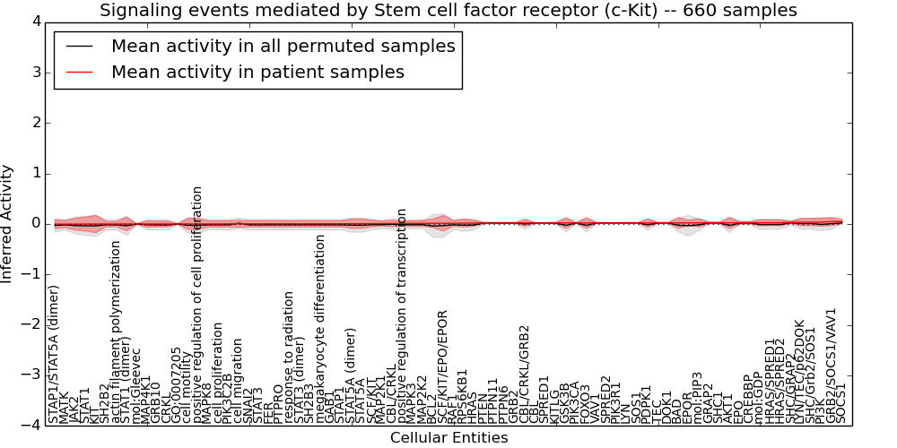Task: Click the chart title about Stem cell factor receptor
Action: (448, 11)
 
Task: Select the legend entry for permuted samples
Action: (283, 47)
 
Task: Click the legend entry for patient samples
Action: (257, 73)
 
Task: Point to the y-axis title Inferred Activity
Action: (8, 224)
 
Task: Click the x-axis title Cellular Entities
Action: (448, 438)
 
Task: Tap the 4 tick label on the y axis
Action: (34, 21)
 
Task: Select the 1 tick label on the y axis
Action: (34, 173)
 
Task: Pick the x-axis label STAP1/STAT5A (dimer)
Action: (54, 354)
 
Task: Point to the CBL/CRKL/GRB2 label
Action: (526, 373)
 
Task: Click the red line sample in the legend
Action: (78, 73)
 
